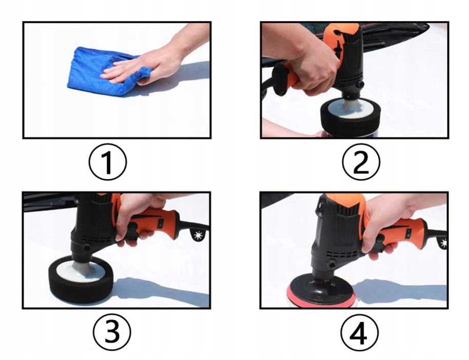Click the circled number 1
tap(108, 162)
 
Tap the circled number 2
tap(361, 162)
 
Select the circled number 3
tap(112, 332)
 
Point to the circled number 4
tap(359, 332)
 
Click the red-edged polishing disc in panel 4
tap(322, 291)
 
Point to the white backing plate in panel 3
tap(80, 271)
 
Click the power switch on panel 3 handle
tap(161, 222)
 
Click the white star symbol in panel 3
tap(198, 235)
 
